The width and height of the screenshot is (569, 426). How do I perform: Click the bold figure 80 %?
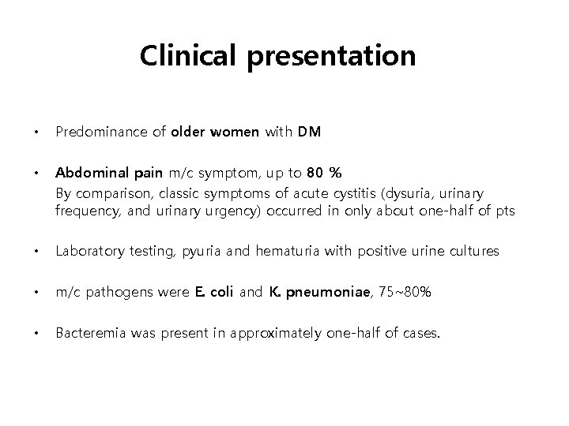point(324,173)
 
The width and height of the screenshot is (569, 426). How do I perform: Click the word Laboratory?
point(85,252)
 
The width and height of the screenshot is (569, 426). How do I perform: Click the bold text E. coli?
point(213,293)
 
